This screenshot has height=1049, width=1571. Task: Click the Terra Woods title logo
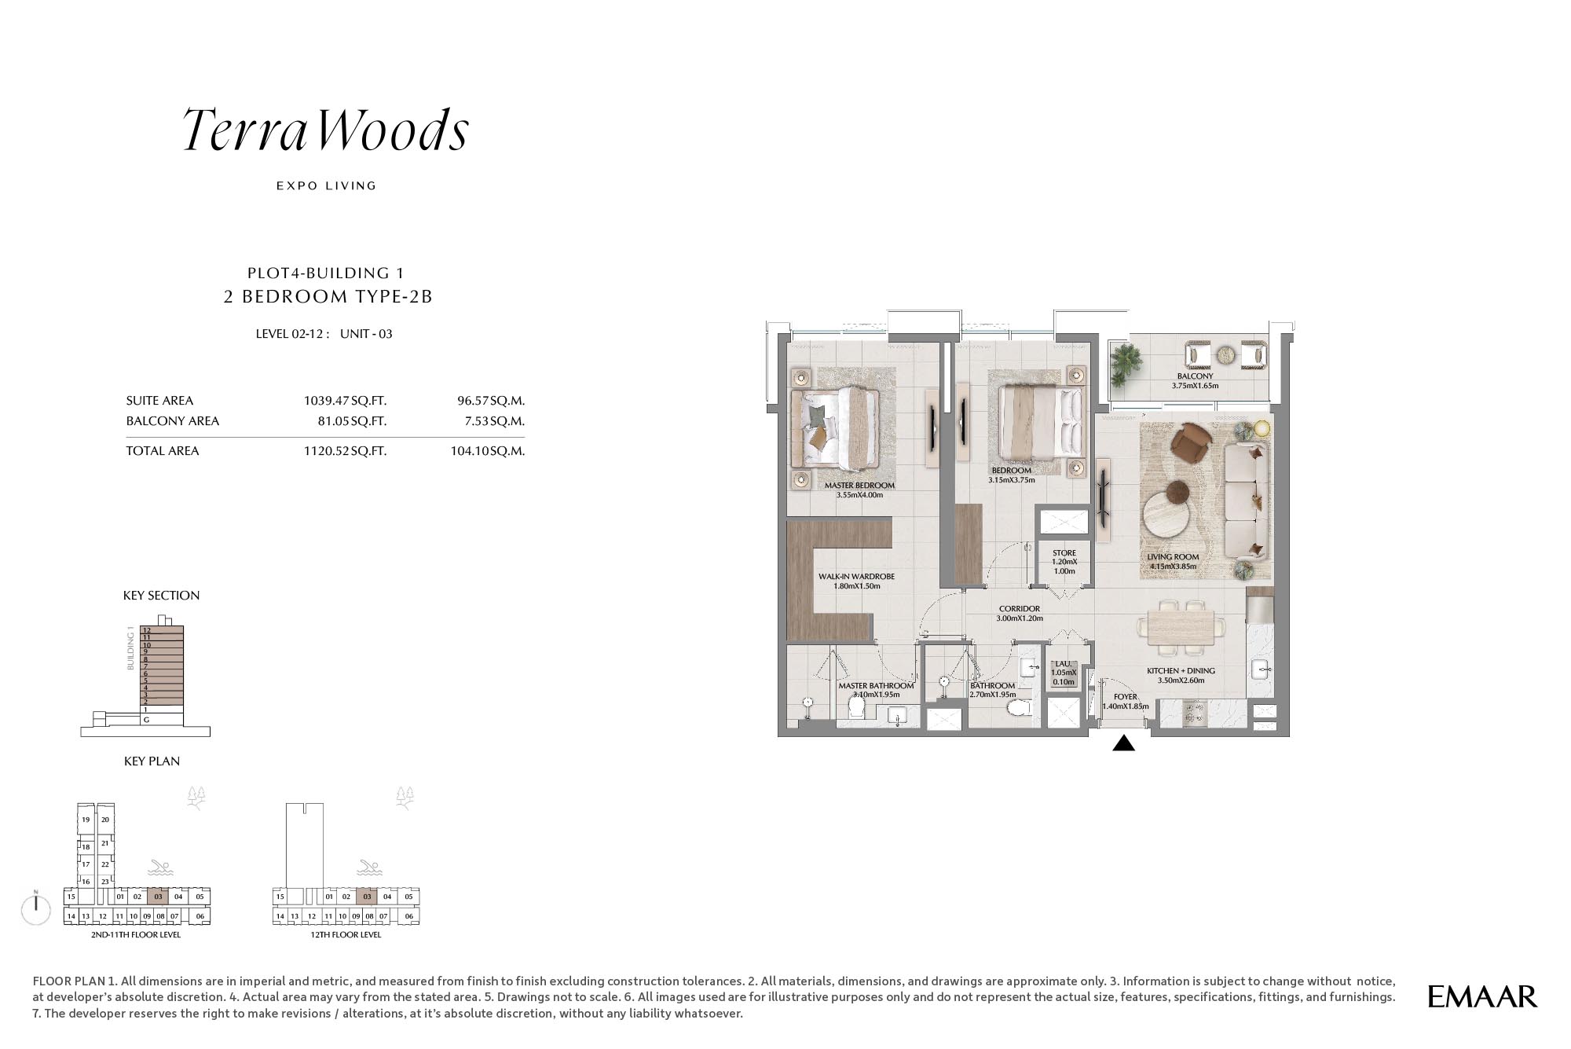click(326, 130)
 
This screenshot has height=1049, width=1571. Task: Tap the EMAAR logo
click(1482, 997)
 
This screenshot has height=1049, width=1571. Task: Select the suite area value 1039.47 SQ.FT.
click(345, 401)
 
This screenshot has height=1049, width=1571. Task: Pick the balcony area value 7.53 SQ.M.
click(494, 421)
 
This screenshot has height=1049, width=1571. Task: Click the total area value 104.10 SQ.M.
click(487, 451)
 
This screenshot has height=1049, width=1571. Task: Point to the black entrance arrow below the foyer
click(1124, 743)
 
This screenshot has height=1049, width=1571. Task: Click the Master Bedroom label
click(859, 486)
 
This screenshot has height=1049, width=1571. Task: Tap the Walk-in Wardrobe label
click(856, 577)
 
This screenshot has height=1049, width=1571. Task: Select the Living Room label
click(1173, 557)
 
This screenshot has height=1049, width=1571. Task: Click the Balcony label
click(1195, 376)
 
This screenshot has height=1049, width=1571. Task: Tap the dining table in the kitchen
click(1180, 627)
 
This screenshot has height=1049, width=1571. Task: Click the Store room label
click(1064, 553)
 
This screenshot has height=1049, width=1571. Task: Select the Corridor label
click(1020, 609)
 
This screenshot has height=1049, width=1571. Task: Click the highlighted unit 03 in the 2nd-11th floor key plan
click(158, 897)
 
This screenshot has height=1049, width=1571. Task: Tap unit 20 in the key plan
click(105, 820)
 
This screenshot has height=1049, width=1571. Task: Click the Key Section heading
click(161, 596)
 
